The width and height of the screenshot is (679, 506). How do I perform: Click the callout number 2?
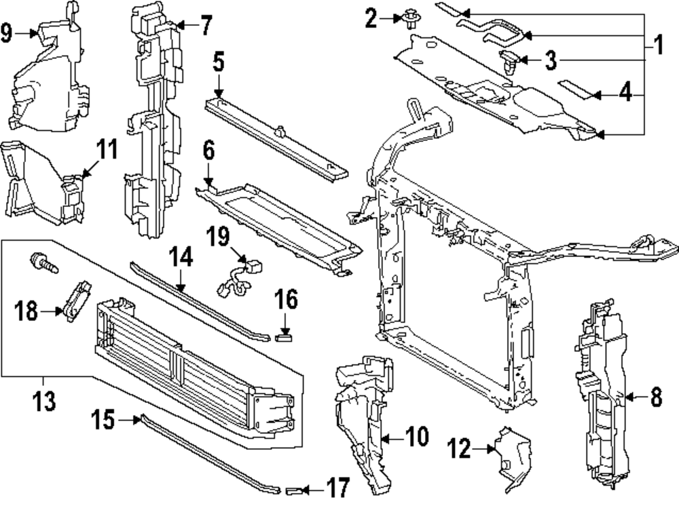(x=371, y=18)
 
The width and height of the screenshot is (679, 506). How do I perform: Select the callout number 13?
(x=45, y=400)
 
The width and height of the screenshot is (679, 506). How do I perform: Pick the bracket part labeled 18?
(x=75, y=301)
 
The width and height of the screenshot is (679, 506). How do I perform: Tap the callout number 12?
(x=460, y=448)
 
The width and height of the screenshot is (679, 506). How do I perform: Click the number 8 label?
(x=655, y=397)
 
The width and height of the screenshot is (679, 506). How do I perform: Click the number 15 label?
(x=105, y=421)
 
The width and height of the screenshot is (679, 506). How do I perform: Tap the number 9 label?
(x=7, y=32)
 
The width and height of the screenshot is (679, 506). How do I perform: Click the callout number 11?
(x=106, y=150)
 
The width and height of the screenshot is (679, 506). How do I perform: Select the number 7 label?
(x=204, y=26)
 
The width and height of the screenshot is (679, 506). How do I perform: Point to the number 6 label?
(x=208, y=149)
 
